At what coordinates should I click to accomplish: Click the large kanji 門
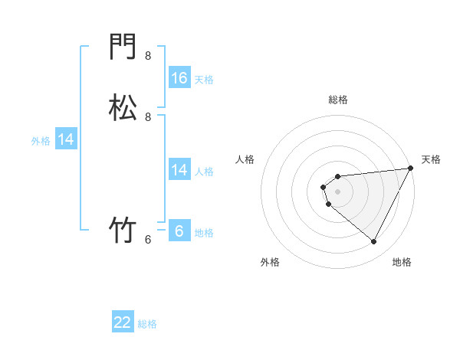pyautogui.click(x=123, y=48)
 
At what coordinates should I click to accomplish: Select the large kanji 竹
pyautogui.click(x=123, y=230)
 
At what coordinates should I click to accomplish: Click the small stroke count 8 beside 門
pyautogui.click(x=148, y=56)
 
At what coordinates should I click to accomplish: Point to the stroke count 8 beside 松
pyautogui.click(x=148, y=117)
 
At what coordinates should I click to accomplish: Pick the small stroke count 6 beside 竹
pyautogui.click(x=148, y=239)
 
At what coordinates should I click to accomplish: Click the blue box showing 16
pyautogui.click(x=179, y=78)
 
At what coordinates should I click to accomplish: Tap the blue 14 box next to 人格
pyautogui.click(x=179, y=170)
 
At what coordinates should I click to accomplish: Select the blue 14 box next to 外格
pyautogui.click(x=66, y=139)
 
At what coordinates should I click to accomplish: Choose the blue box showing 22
pyautogui.click(x=123, y=322)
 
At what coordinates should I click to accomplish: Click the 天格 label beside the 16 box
pyautogui.click(x=204, y=80)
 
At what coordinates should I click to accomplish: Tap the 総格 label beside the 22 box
pyautogui.click(x=147, y=324)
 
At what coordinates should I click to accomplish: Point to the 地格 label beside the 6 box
pyautogui.click(x=204, y=233)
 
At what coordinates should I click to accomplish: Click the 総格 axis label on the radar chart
pyautogui.click(x=338, y=100)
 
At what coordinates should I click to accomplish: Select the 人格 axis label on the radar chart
pyautogui.click(x=245, y=159)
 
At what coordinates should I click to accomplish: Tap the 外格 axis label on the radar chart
pyautogui.click(x=270, y=263)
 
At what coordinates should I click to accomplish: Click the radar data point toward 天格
pyautogui.click(x=411, y=168)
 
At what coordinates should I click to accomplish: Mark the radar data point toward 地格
pyautogui.click(x=374, y=242)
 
